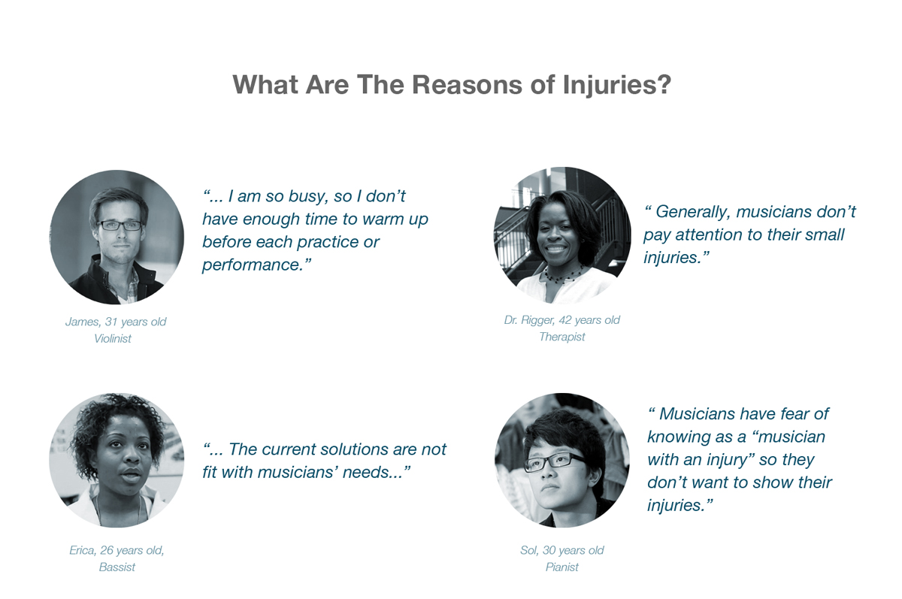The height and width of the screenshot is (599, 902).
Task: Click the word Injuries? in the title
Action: (x=617, y=85)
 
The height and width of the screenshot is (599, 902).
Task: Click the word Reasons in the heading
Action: (x=467, y=84)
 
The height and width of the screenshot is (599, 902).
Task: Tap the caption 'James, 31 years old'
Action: (x=116, y=322)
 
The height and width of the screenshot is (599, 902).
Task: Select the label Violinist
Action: (x=113, y=338)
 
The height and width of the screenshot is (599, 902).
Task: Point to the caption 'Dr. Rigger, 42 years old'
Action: (x=561, y=320)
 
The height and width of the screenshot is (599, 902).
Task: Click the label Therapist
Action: (x=561, y=337)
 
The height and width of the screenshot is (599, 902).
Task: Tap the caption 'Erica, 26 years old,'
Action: (x=117, y=550)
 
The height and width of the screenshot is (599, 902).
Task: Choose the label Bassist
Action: (x=117, y=567)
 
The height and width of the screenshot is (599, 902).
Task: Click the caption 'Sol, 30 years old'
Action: (x=561, y=550)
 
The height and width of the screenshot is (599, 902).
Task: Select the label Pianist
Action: (x=561, y=567)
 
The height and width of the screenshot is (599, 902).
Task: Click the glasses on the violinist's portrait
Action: (x=120, y=225)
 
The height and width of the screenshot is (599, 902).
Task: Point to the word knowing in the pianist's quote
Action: (x=680, y=437)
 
